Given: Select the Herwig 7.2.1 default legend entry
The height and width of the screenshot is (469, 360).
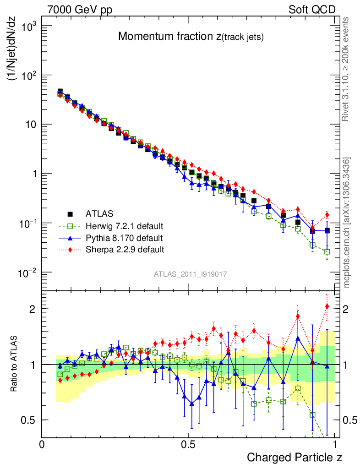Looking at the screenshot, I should point(125,226).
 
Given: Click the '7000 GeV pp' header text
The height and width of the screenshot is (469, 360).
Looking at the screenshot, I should point(80,10).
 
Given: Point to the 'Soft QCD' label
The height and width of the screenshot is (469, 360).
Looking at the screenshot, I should point(312,10).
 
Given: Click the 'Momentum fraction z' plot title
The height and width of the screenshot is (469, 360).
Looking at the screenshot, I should point(191,37).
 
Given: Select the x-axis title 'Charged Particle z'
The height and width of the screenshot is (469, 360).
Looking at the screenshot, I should point(295,457).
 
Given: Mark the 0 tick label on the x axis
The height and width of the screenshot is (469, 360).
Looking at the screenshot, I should point(42,445).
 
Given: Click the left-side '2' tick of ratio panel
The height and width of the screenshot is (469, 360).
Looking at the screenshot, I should point(33,309).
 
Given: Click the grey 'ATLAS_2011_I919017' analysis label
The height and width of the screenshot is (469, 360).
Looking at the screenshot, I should point(191,274).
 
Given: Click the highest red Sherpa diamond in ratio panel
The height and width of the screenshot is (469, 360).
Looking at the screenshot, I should point(327,306).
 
